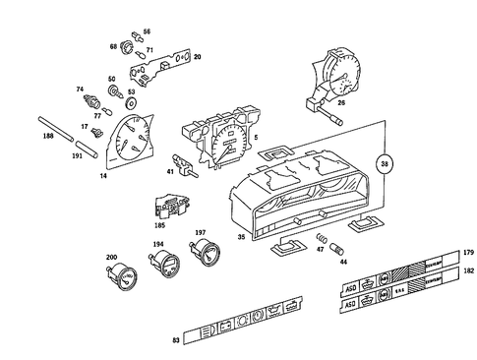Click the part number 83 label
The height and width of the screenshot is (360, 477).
click(175, 339)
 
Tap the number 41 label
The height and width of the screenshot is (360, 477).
click(169, 171)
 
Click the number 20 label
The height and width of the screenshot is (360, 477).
click(197, 58)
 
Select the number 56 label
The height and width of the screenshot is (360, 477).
click(148, 31)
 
